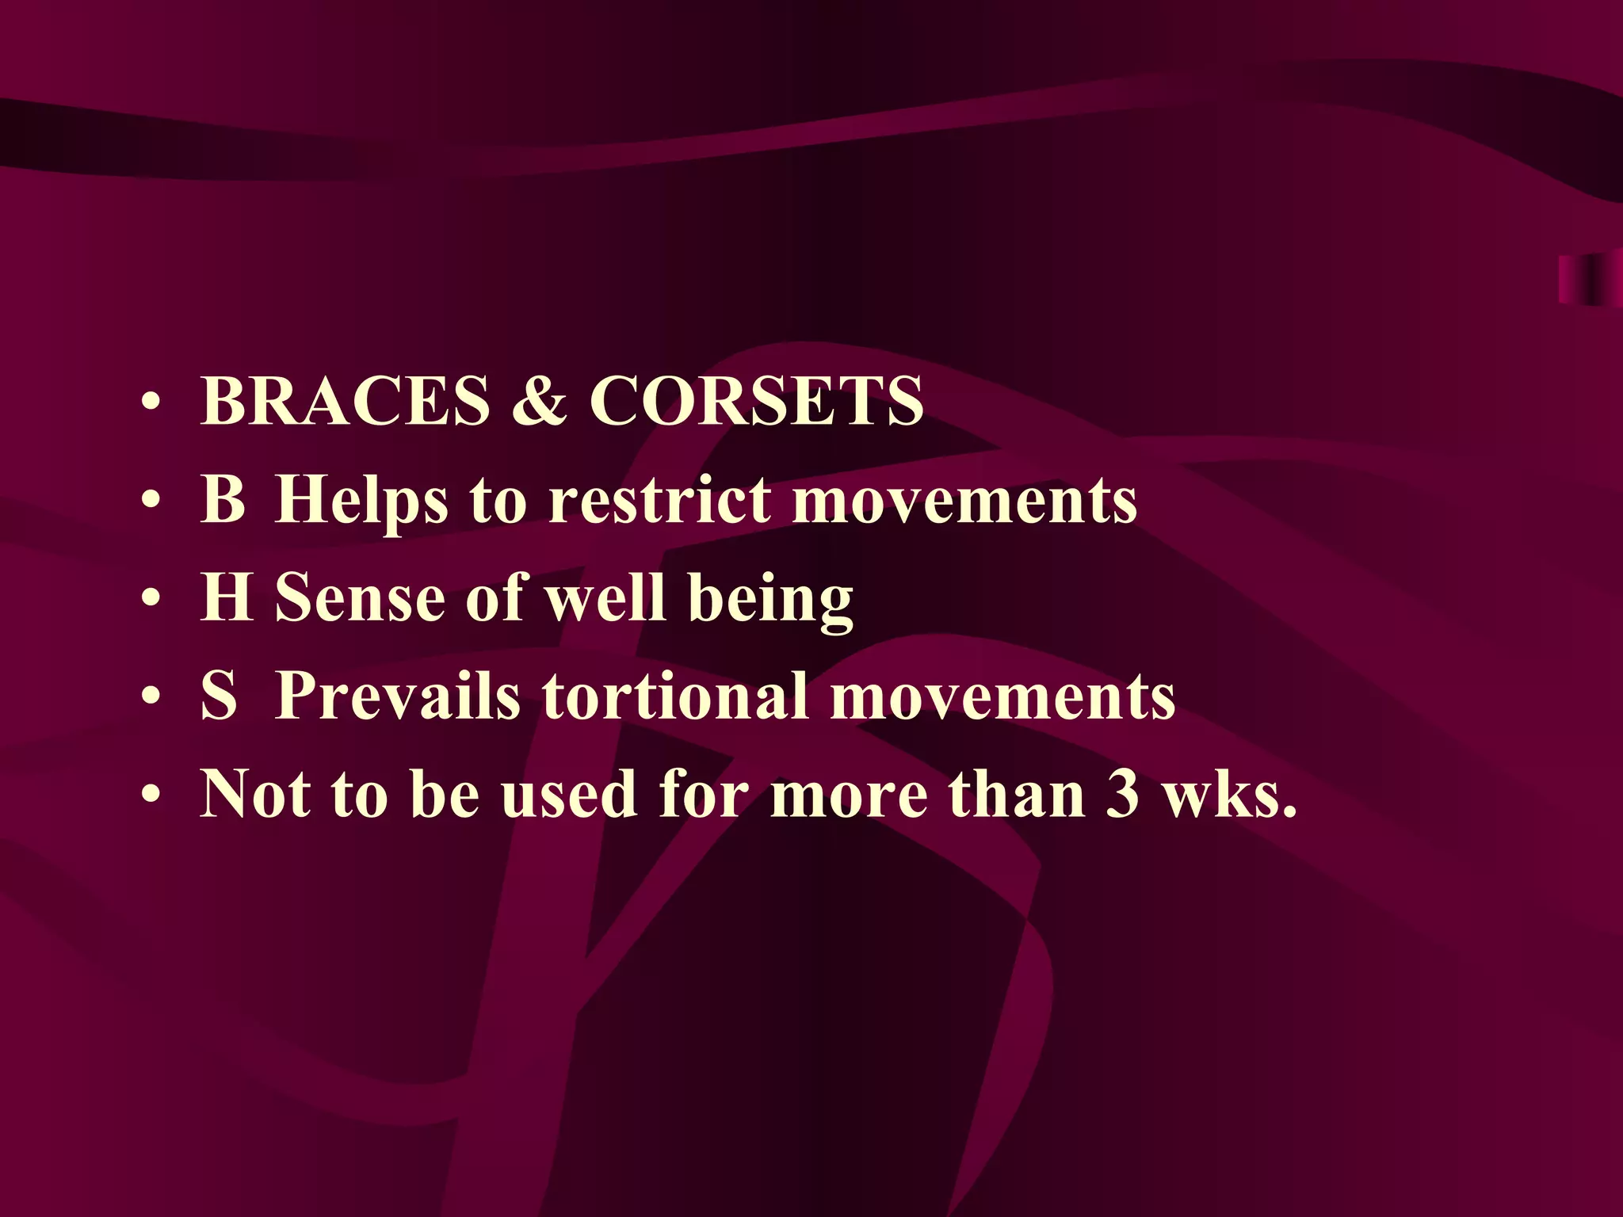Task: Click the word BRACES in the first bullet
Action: [346, 401]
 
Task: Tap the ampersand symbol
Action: [539, 401]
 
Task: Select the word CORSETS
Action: [756, 401]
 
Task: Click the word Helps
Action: [361, 501]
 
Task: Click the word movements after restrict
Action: [964, 501]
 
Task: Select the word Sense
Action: [360, 599]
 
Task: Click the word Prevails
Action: [397, 696]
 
